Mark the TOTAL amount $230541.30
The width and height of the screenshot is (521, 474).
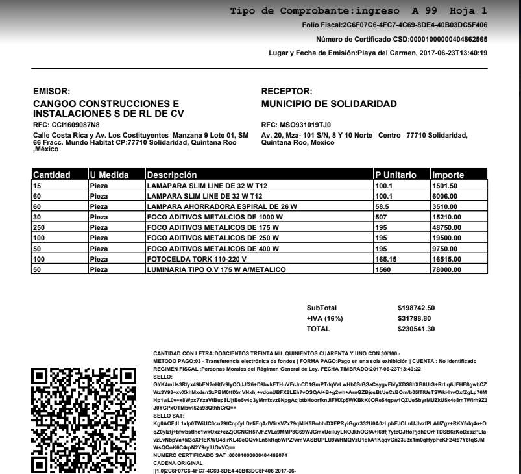coord(416,329)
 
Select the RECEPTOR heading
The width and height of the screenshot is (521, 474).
coord(286,92)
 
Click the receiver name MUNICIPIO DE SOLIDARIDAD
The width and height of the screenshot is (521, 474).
coord(328,104)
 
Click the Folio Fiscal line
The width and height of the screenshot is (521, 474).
coord(395,25)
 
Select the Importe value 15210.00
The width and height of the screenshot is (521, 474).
coord(448,218)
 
